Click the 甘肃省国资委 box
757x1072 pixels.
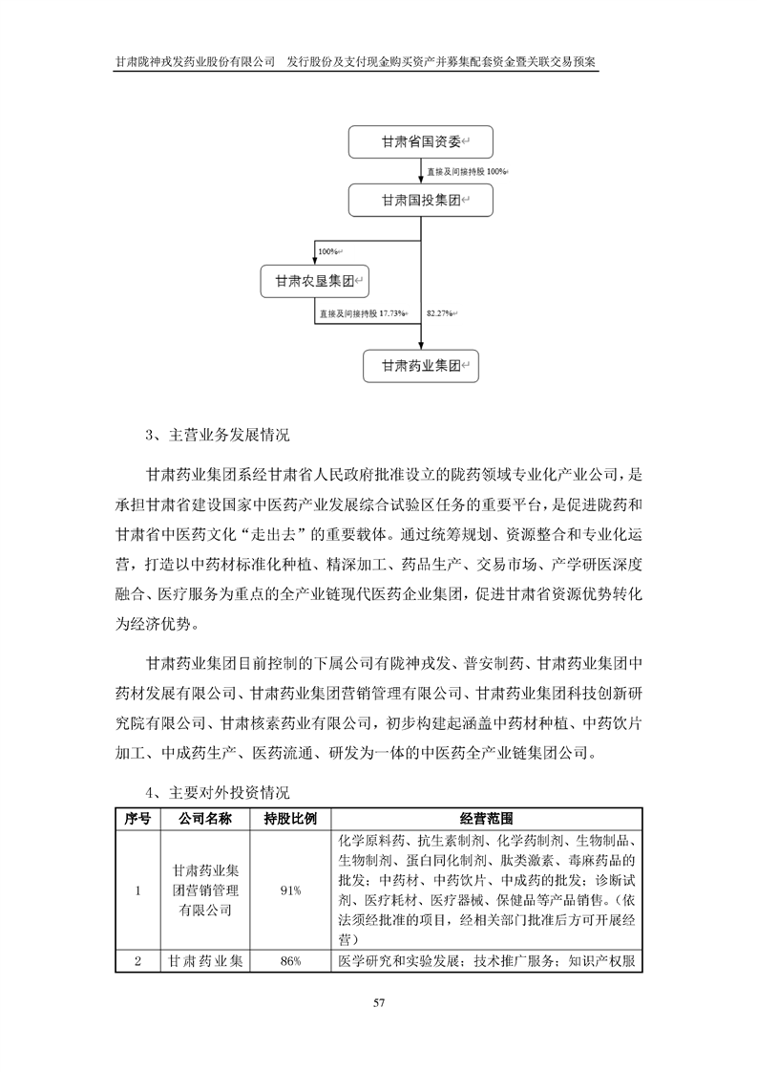pos(420,141)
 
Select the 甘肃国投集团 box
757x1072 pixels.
pos(420,201)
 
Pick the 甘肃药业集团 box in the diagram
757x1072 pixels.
pos(421,366)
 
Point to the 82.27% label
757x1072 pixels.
pos(440,313)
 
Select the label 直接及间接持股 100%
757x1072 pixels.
pos(466,172)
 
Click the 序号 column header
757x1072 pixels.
pos(138,819)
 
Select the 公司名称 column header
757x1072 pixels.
pos(206,819)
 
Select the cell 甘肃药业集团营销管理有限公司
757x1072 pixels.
pos(206,890)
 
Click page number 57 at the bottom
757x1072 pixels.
pos(379,1002)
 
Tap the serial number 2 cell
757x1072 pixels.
pos(138,961)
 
